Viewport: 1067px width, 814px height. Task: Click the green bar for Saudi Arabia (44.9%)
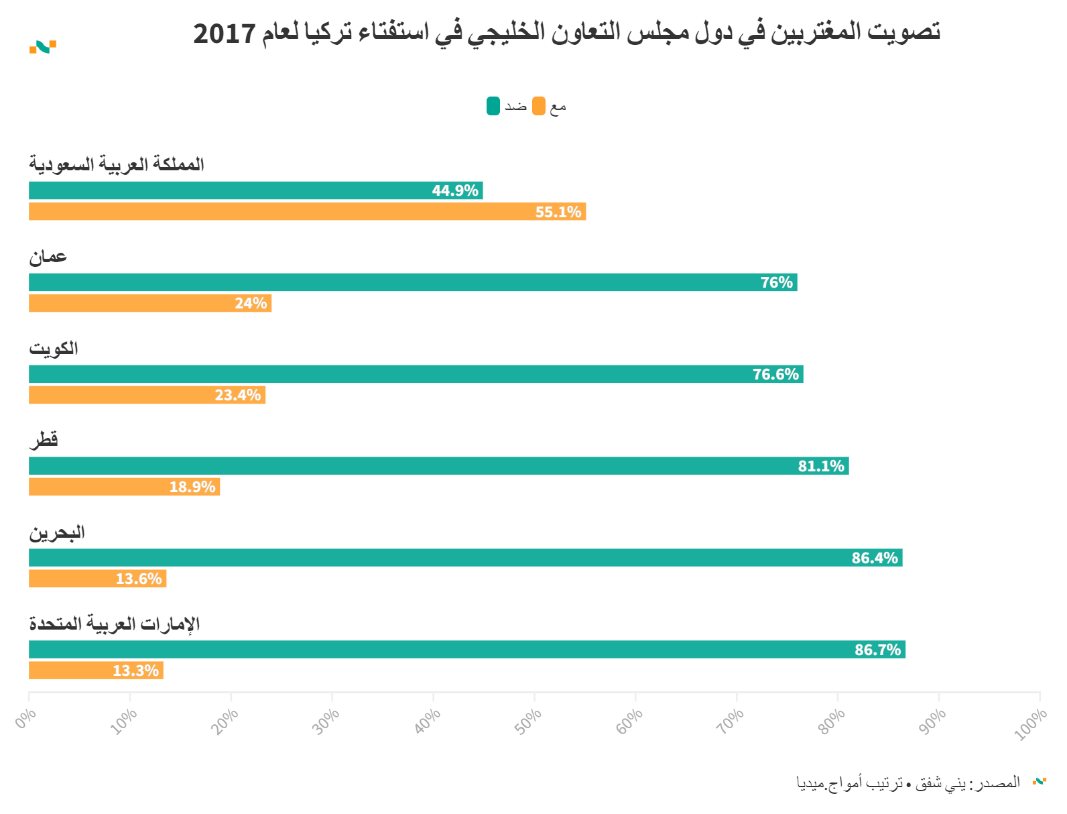point(255,190)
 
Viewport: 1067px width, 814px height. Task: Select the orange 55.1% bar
point(307,212)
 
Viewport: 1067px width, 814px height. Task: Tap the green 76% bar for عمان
point(412,282)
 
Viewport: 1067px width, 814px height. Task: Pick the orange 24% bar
point(149,304)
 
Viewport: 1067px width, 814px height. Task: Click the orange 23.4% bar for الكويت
point(147,395)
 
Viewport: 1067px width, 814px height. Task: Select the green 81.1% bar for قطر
point(438,466)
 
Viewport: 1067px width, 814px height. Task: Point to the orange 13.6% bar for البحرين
point(97,579)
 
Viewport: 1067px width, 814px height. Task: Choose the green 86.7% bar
point(466,650)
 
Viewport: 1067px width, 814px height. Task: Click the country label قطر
point(44,440)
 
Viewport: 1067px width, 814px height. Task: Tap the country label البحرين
point(57,532)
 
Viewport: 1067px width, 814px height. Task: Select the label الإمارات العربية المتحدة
point(115,624)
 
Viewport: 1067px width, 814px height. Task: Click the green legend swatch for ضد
point(493,106)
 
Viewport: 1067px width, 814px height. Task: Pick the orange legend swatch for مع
point(539,106)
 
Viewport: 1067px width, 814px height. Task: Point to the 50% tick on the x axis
point(529,721)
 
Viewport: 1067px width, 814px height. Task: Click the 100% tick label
point(1030,724)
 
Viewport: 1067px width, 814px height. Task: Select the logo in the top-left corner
point(43,47)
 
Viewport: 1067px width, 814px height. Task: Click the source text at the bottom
point(908,782)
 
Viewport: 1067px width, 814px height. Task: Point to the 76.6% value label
point(775,374)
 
